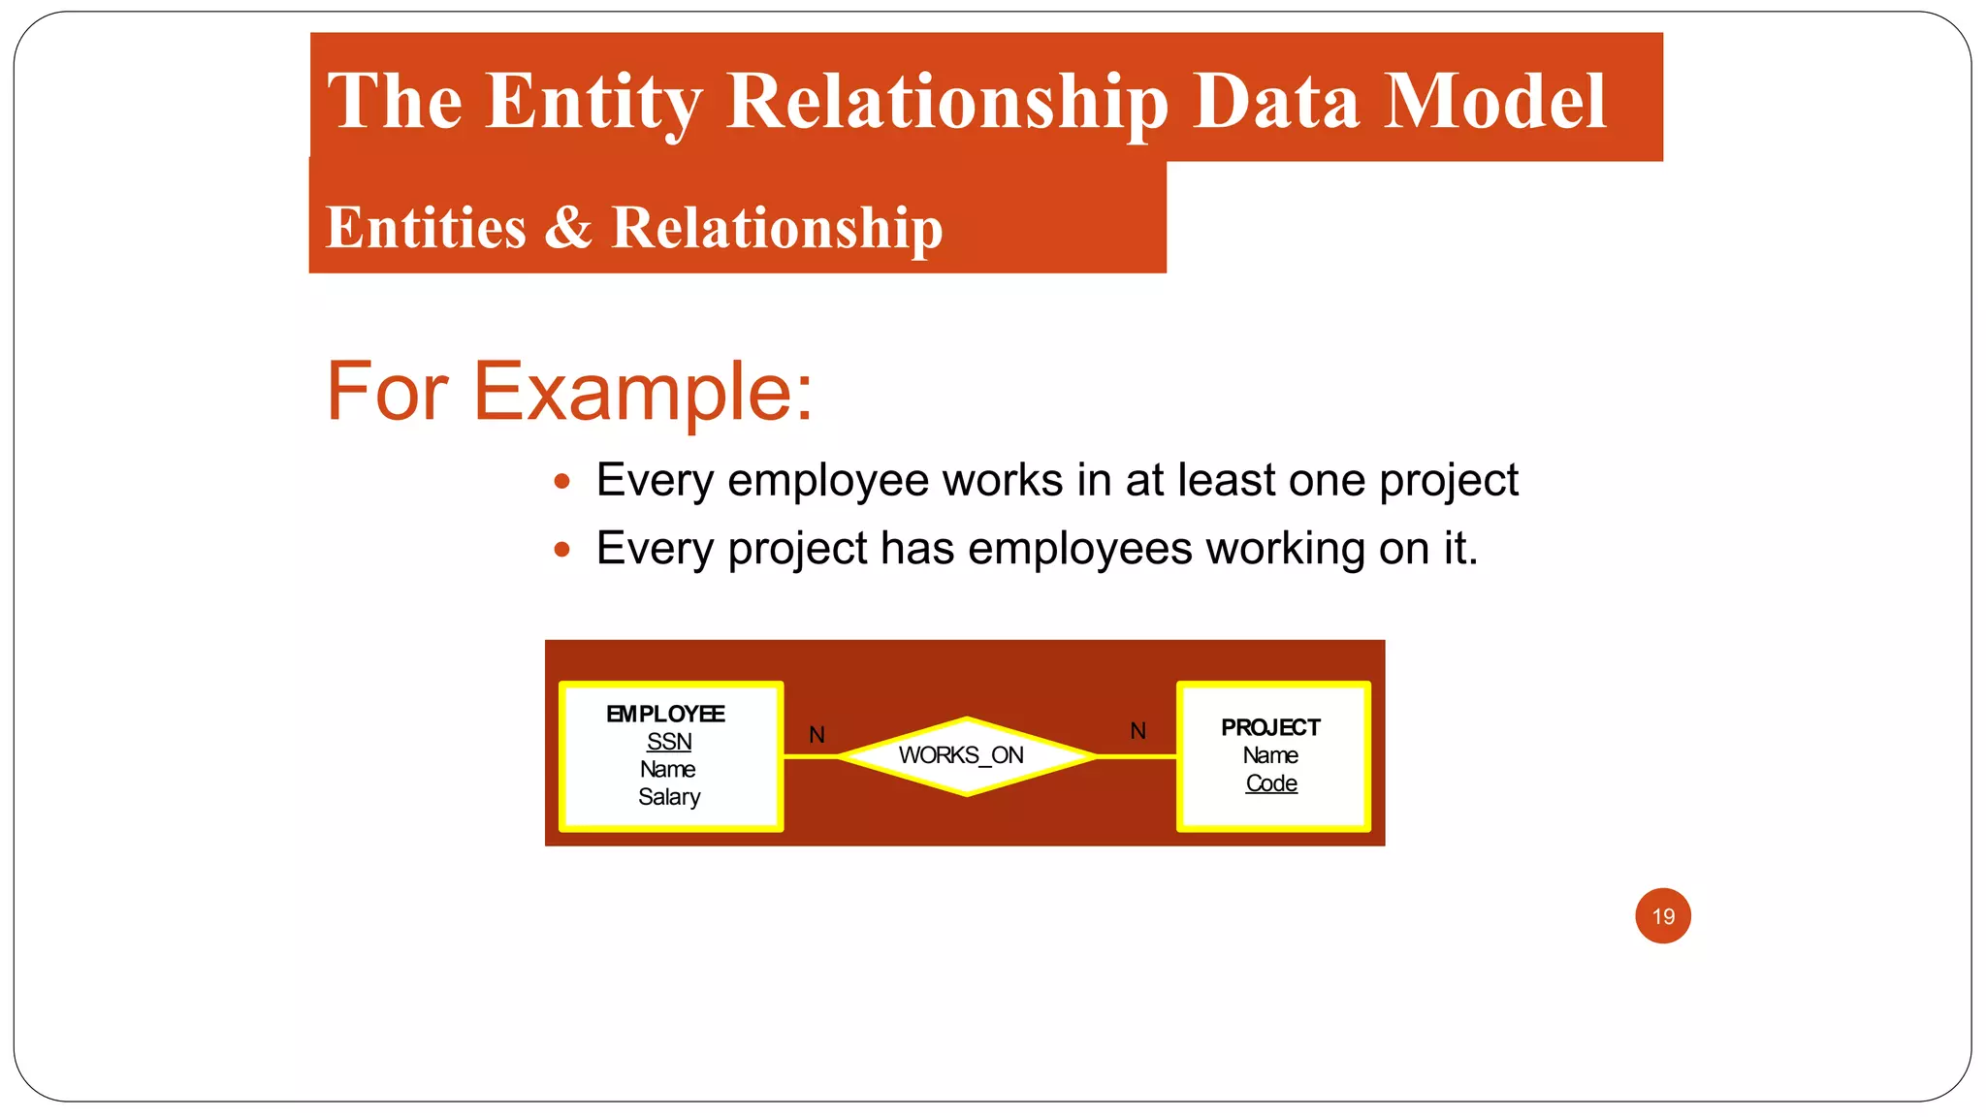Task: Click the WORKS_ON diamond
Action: pyautogui.click(x=966, y=755)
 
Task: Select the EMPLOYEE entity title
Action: pyautogui.click(x=665, y=714)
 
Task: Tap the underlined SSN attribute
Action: pyautogui.click(x=669, y=742)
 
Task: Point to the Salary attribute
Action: pyautogui.click(x=669, y=797)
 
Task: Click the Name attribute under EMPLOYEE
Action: pyautogui.click(x=667, y=769)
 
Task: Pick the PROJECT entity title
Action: pyautogui.click(x=1270, y=727)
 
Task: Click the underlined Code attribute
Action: pyautogui.click(x=1271, y=783)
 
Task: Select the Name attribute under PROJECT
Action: pyautogui.click(x=1270, y=755)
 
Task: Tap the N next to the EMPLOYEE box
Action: pyautogui.click(x=817, y=735)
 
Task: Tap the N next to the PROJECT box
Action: pyautogui.click(x=1138, y=731)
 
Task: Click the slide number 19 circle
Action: pyautogui.click(x=1663, y=915)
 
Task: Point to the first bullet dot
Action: pyautogui.click(x=561, y=482)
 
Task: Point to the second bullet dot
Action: pyautogui.click(x=561, y=550)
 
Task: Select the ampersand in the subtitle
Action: pyautogui.click(x=567, y=227)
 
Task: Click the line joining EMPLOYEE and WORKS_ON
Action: pyautogui.click(x=810, y=756)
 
